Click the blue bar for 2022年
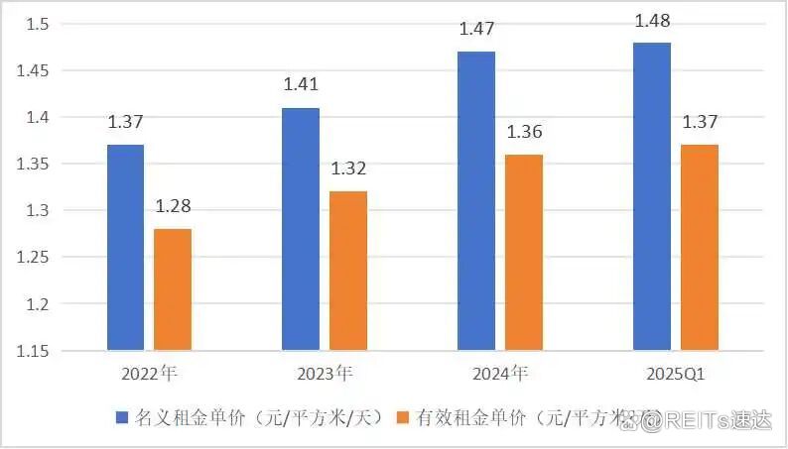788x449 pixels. pos(125,248)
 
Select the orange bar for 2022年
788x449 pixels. pos(173,289)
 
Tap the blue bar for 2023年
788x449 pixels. pos(301,229)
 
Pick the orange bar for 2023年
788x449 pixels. pos(348,271)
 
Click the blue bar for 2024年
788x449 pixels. pos(476,201)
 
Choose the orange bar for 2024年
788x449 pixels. pos(524,253)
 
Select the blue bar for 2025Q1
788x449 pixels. pos(652,196)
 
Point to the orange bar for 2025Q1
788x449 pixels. pos(700,248)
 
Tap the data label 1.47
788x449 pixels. pos(476,30)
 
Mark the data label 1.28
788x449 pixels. pos(173,208)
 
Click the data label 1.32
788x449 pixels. pos(348,170)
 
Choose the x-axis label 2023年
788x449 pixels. pos(325,375)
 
